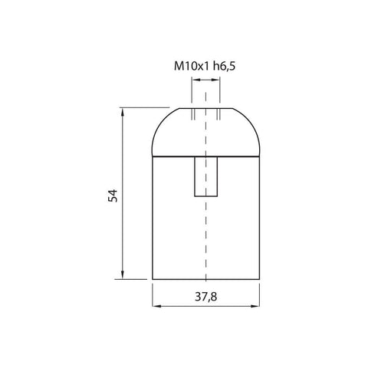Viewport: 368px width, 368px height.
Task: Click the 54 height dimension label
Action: point(113,195)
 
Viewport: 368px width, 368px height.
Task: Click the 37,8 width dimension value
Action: point(206,297)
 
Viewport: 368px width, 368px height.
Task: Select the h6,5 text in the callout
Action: point(224,66)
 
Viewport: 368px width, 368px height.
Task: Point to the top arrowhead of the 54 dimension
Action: point(123,111)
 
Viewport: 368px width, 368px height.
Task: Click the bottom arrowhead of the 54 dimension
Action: point(123,275)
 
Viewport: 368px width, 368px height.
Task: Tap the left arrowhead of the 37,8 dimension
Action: point(156,306)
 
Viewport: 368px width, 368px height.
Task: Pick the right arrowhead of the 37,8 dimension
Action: point(256,306)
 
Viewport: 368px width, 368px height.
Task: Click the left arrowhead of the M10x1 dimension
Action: point(195,80)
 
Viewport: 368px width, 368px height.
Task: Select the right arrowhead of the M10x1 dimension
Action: point(216,80)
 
